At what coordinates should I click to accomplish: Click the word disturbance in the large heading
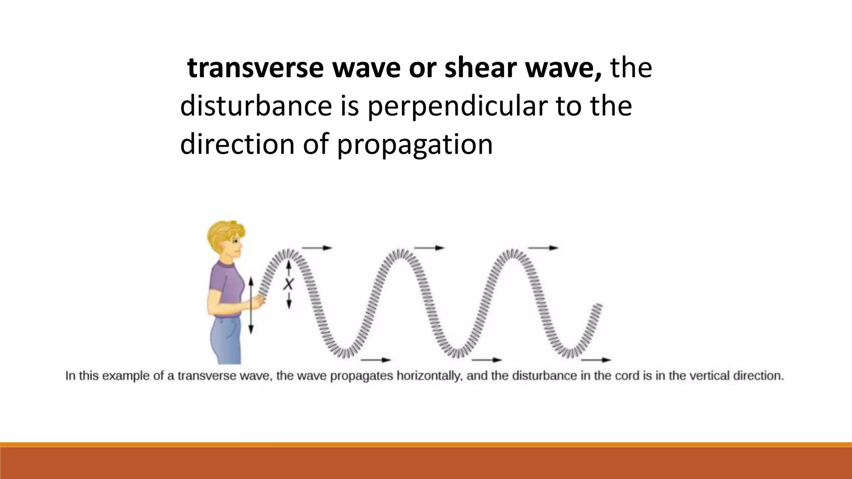point(256,106)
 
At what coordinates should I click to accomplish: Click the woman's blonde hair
point(225,235)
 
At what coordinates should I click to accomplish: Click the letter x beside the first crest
point(288,285)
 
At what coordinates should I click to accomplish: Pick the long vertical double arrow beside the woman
point(251,306)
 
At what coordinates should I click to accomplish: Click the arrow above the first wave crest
point(317,248)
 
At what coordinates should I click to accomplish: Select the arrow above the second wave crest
point(429,248)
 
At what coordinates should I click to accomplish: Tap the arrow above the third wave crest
point(543,248)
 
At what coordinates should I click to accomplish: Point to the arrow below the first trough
point(376,360)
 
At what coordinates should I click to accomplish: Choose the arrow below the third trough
point(596,360)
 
